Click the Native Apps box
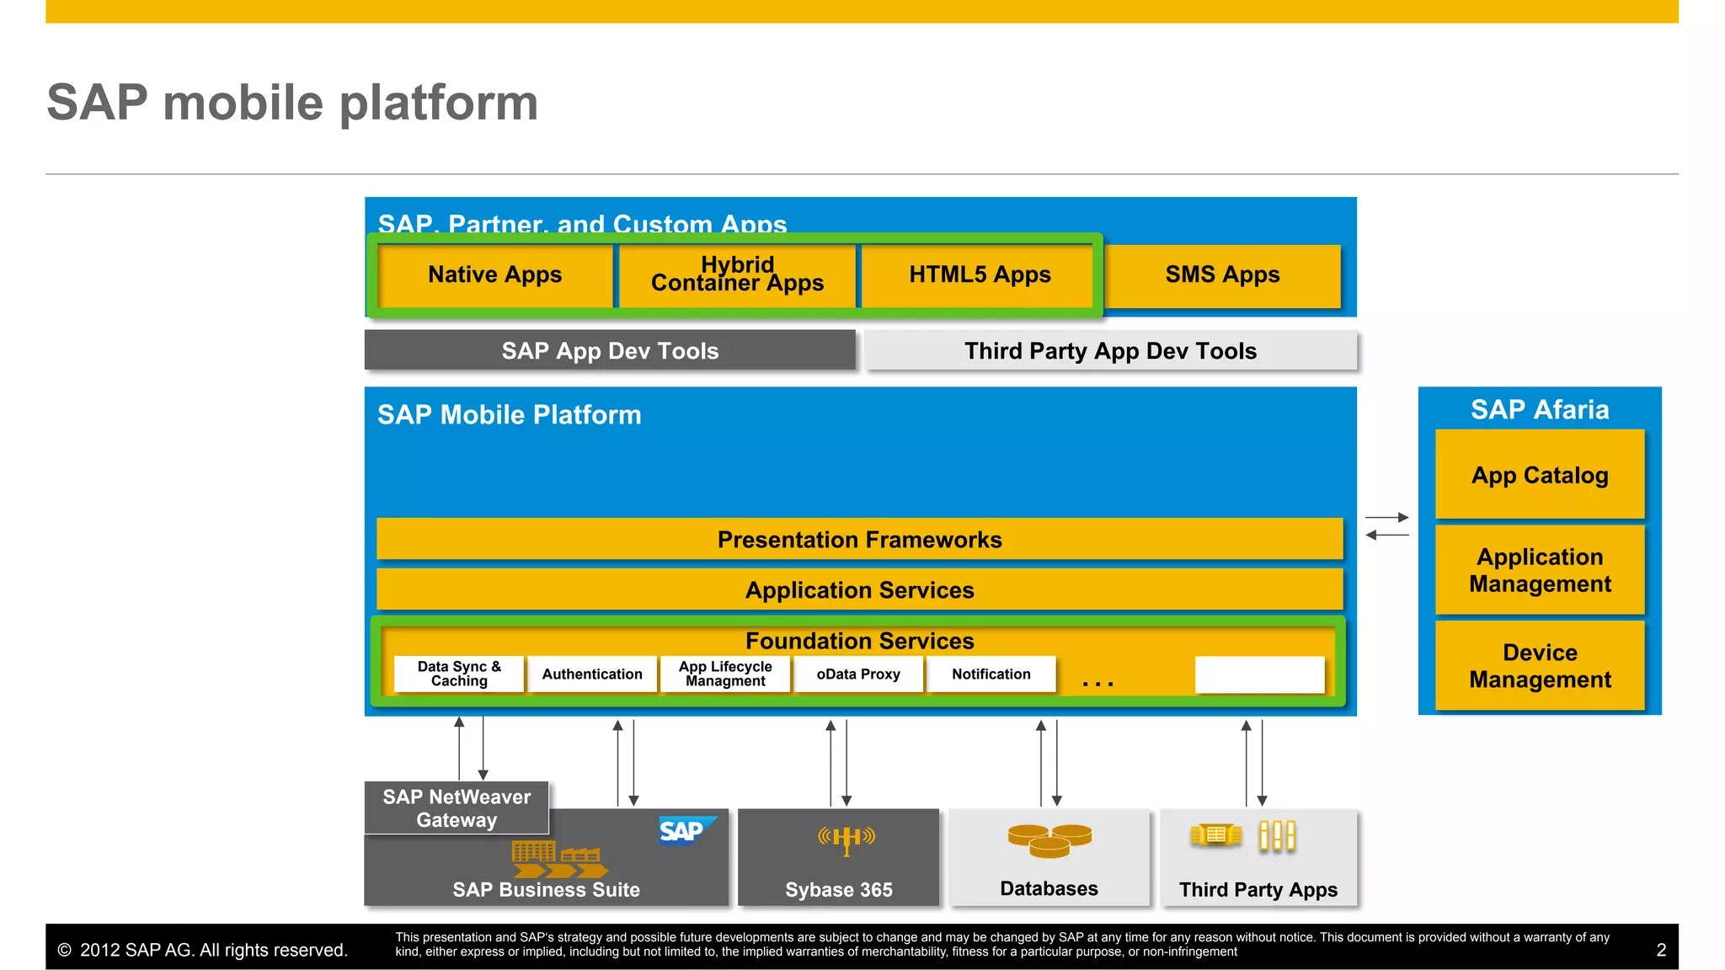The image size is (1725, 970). point(494,275)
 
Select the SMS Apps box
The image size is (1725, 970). point(1222,275)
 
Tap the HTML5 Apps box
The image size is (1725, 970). point(979,275)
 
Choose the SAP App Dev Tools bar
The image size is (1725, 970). point(610,350)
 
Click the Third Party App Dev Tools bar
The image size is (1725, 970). point(1110,350)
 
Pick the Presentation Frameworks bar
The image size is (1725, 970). point(859,539)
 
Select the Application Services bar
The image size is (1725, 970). point(859,589)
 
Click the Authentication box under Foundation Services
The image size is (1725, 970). point(592,674)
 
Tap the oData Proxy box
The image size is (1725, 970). point(858,674)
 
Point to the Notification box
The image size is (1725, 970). point(991,674)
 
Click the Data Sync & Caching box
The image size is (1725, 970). point(459,674)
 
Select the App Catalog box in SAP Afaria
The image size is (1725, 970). point(1540,475)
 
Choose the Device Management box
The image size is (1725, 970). point(1540,666)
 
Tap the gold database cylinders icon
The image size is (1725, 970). point(1049,840)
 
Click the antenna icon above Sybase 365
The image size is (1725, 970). point(846,839)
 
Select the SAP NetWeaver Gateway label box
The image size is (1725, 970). point(457,808)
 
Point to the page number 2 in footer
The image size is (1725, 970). point(1661,951)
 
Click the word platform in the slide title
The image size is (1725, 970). point(438,104)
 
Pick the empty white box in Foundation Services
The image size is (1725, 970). point(1259,674)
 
